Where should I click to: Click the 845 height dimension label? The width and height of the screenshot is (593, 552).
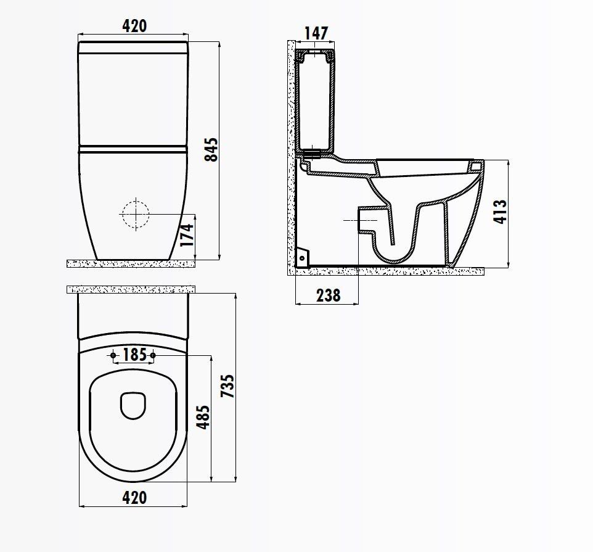pyautogui.click(x=211, y=150)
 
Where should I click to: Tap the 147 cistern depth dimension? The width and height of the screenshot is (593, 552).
pyautogui.click(x=316, y=33)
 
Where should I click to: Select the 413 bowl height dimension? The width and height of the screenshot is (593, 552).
pyautogui.click(x=500, y=212)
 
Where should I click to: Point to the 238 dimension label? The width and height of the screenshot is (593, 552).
pyautogui.click(x=329, y=295)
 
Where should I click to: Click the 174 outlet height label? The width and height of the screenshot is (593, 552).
pyautogui.click(x=186, y=236)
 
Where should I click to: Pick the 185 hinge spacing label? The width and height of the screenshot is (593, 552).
pyautogui.click(x=134, y=355)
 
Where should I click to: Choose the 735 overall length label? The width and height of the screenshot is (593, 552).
pyautogui.click(x=227, y=386)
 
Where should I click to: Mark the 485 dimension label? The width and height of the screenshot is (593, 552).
pyautogui.click(x=203, y=418)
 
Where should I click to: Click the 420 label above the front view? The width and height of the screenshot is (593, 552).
pyautogui.click(x=134, y=26)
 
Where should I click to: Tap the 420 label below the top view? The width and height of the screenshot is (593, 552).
pyautogui.click(x=134, y=498)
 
